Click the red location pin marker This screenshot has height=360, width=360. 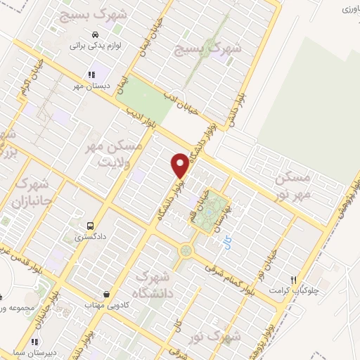click(180, 165)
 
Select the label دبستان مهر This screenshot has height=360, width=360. click(89, 86)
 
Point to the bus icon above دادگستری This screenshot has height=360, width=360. click(90, 226)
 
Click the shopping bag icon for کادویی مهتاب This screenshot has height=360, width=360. click(105, 294)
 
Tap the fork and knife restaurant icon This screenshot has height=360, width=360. click(303, 279)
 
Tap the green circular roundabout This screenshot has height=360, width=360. click(186, 250)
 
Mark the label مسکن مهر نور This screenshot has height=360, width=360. click(293, 185)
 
